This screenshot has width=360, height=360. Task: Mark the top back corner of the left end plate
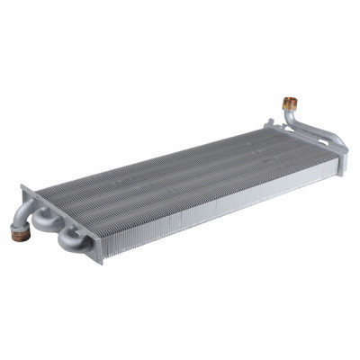coord(22,187)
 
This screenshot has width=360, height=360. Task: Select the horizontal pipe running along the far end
coord(315,132)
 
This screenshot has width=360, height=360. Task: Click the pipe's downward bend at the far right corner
coord(340,143)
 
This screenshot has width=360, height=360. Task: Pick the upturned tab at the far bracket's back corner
coord(266,119)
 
